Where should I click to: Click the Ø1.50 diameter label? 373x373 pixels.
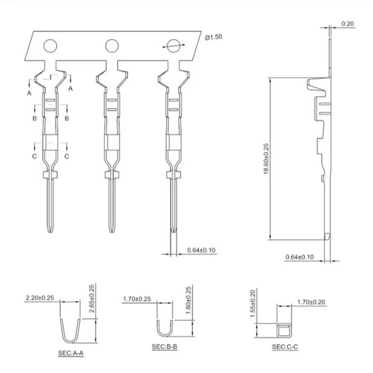(214, 37)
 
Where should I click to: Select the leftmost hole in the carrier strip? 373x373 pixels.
(50, 46)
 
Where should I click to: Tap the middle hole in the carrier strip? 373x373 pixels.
(112, 46)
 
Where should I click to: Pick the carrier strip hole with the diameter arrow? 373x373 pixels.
(173, 46)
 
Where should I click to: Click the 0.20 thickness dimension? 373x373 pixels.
(347, 24)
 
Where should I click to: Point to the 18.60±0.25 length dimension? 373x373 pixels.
(266, 159)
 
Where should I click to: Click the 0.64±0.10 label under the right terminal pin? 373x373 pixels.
(201, 250)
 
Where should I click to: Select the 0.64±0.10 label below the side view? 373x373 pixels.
(299, 257)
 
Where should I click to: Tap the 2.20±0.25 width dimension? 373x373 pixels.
(40, 297)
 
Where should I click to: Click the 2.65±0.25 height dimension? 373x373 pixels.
(91, 298)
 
